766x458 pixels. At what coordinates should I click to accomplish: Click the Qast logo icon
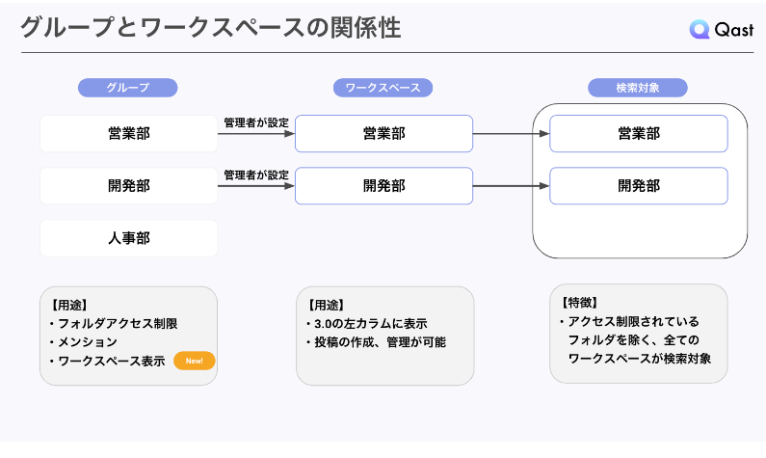tap(700, 30)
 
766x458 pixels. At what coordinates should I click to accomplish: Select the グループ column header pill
tap(127, 88)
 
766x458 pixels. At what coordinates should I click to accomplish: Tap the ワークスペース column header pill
tap(383, 88)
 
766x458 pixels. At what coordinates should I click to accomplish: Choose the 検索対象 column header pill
tap(638, 88)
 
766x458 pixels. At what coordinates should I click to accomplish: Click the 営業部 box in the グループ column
tap(128, 134)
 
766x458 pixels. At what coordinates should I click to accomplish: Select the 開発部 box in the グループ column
tap(128, 186)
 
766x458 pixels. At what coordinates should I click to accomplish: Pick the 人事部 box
tap(128, 238)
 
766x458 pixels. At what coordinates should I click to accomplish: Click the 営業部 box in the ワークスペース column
tap(383, 134)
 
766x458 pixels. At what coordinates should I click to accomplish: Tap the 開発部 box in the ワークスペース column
tap(383, 186)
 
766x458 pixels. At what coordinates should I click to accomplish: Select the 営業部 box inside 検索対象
tap(638, 134)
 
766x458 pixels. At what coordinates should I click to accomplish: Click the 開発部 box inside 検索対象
tap(638, 186)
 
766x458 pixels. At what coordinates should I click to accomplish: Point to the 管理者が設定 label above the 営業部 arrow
tap(256, 122)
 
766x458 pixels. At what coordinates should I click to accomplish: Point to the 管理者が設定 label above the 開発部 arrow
tap(256, 175)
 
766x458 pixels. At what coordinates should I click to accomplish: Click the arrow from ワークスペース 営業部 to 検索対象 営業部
tap(511, 134)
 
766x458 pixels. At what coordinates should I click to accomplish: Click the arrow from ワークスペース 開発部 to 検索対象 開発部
tap(511, 186)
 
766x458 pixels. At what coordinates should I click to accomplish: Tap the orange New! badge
tap(194, 362)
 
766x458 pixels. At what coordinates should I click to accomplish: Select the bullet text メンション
tap(87, 342)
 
